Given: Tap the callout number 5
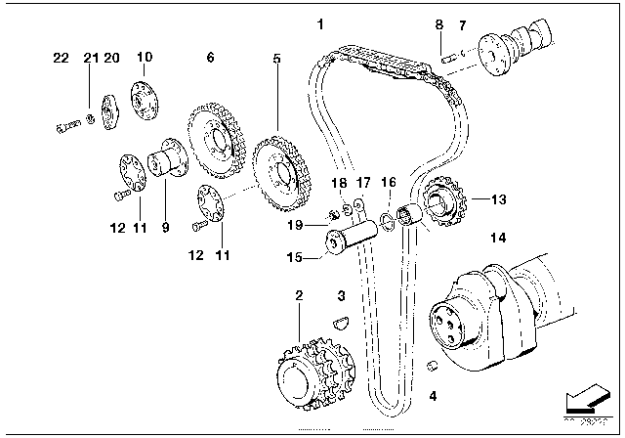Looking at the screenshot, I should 276,59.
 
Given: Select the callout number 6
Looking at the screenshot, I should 209,59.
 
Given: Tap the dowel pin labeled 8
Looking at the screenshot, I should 447,57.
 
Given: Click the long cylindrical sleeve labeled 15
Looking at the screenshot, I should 355,238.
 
